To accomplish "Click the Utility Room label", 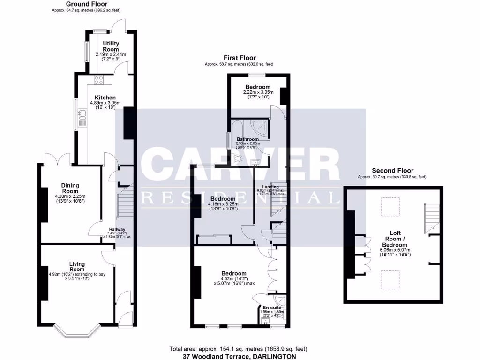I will point(111,46).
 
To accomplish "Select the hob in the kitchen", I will point(99,80).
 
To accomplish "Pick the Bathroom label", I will point(247,139).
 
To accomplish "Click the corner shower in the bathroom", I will point(261,127).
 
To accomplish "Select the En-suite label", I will point(272,307).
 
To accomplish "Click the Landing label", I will point(270,187).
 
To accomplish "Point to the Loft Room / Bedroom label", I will point(394,239).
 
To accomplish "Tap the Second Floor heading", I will point(392,171).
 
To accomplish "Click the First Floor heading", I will point(239,58).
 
